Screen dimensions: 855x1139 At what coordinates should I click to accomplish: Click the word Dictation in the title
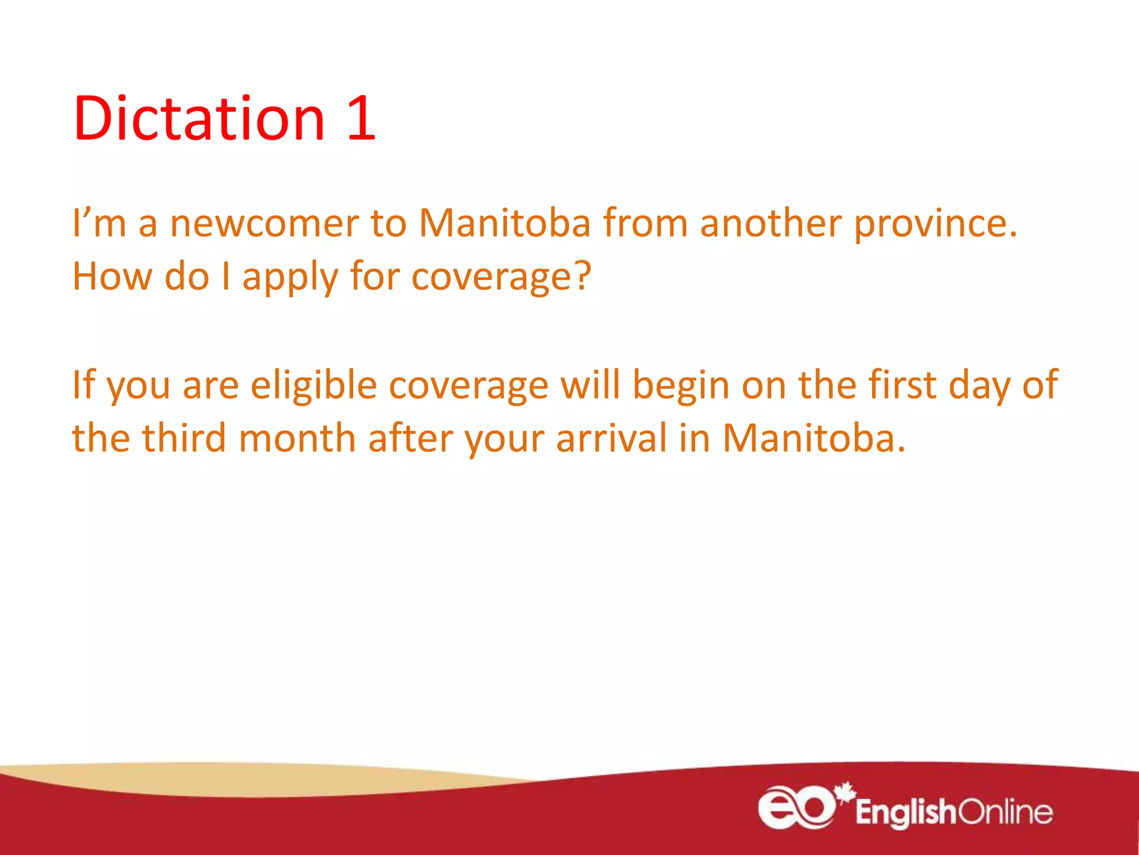[199, 119]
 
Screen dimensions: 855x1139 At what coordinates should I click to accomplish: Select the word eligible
[314, 385]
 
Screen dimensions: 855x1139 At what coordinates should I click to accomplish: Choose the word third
[184, 438]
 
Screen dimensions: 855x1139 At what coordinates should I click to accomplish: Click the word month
[297, 438]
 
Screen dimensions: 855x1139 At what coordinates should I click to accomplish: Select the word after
[410, 438]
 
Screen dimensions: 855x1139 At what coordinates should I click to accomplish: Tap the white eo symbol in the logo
[796, 808]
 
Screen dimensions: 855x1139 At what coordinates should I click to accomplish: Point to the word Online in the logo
[1005, 812]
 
